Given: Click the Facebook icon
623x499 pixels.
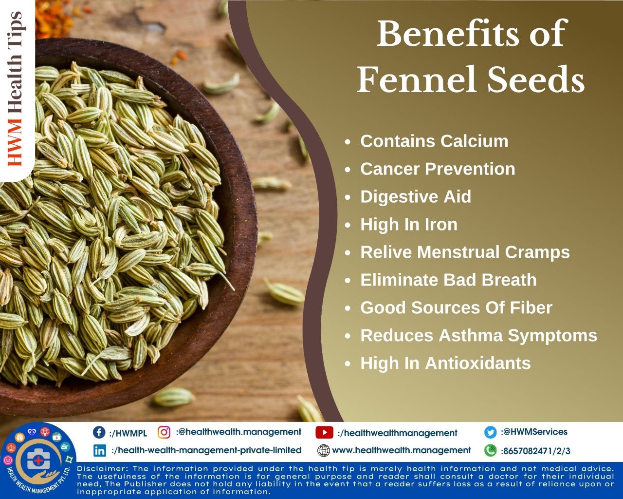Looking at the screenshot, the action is click(99, 432).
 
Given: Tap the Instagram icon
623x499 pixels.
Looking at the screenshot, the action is click(164, 432).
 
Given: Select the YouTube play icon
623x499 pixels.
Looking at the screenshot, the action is click(324, 433).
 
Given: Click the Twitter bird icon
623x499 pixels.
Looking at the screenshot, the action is click(491, 432).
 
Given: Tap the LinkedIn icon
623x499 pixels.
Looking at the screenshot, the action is click(100, 451).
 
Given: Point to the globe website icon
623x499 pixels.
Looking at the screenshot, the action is click(324, 451).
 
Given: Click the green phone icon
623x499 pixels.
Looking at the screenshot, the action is click(491, 451).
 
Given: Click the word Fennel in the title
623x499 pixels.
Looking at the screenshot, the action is click(417, 79).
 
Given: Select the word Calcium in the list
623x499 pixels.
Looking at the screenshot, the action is click(474, 141).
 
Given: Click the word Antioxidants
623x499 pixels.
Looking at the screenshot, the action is click(477, 363).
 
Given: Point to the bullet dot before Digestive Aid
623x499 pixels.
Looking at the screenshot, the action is click(348, 197).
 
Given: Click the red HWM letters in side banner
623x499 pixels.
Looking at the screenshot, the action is click(15, 142).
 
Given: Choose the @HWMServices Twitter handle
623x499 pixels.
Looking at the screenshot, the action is click(534, 432).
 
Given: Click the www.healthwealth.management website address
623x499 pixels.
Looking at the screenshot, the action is click(401, 451).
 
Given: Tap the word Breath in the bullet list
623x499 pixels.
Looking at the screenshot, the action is click(509, 280).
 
